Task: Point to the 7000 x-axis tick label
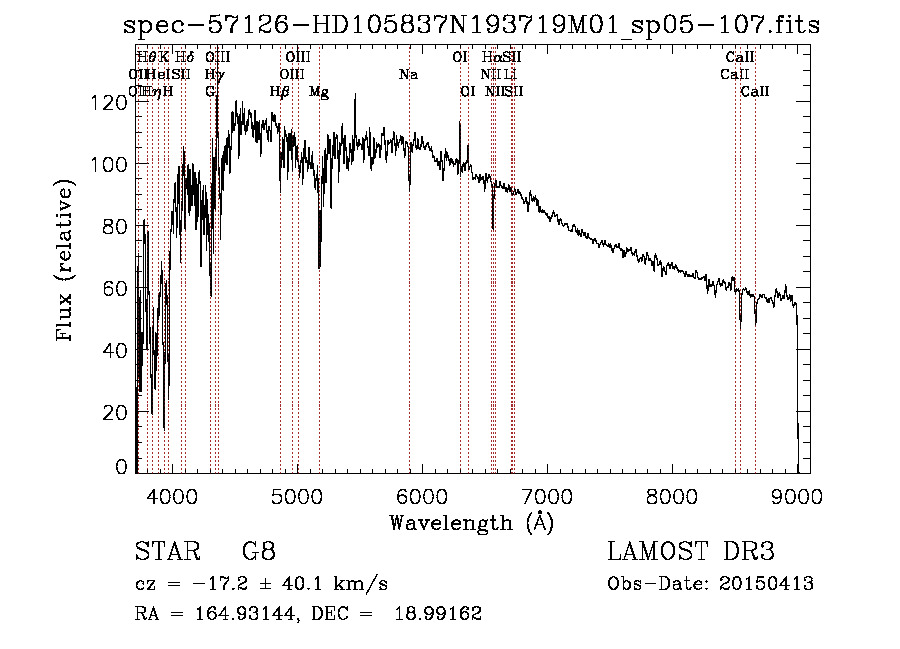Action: click(547, 494)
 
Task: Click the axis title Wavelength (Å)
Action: click(471, 522)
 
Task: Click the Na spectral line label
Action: click(408, 75)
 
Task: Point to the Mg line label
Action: click(319, 92)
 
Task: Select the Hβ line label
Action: click(280, 92)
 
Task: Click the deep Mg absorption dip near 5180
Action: click(319, 266)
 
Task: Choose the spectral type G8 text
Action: click(258, 553)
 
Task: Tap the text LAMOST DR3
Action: click(691, 553)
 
